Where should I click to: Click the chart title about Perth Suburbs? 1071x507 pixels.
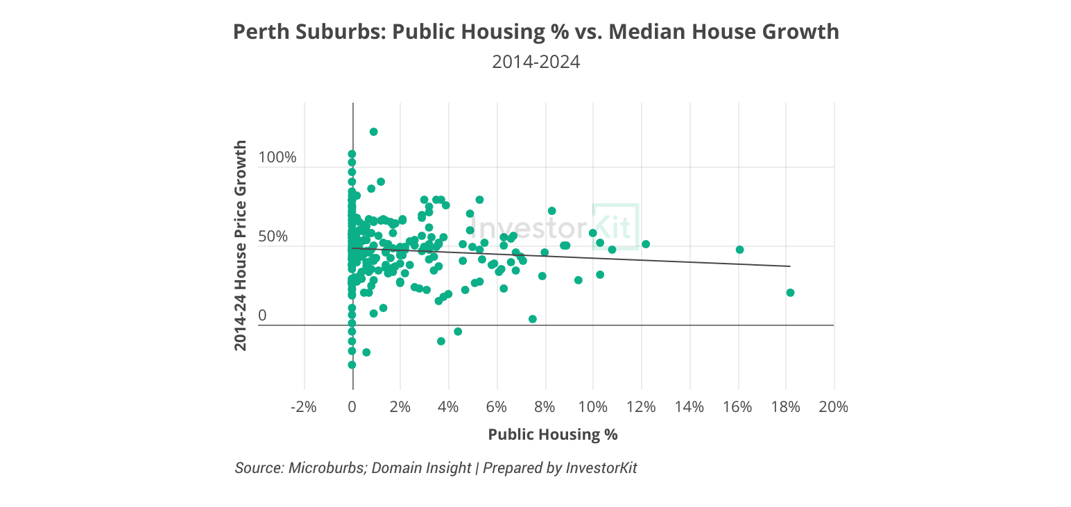[x=535, y=32]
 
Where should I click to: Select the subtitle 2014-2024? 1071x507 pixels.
[x=535, y=62]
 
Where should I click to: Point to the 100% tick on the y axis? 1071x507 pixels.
[x=277, y=157]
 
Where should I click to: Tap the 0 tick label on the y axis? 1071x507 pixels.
[x=262, y=316]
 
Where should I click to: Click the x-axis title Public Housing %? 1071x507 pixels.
[x=552, y=435]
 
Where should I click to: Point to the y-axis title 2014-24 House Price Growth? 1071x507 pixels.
[x=240, y=245]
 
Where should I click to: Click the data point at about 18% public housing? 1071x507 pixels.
[x=790, y=293]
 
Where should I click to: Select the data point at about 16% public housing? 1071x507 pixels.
[x=739, y=250]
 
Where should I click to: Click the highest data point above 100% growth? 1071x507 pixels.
[x=373, y=132]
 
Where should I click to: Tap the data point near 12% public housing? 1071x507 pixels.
[x=646, y=244]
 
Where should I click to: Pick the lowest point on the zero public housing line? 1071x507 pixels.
[x=352, y=365]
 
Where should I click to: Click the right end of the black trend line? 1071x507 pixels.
[x=789, y=266]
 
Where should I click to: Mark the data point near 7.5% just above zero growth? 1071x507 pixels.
[x=533, y=319]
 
